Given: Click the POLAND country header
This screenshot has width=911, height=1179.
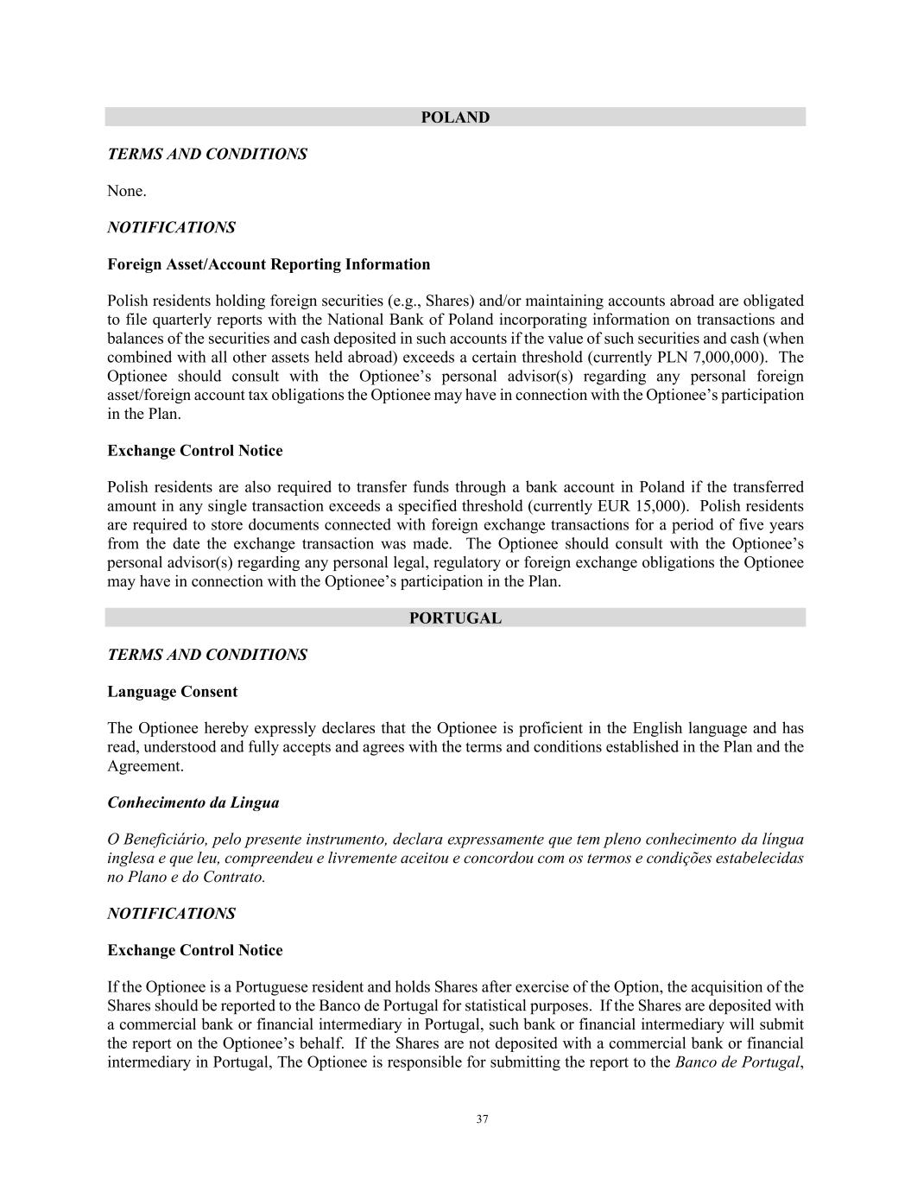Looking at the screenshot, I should [x=455, y=117].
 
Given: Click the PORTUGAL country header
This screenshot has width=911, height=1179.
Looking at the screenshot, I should [x=455, y=618].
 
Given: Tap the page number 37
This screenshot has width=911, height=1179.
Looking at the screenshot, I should [x=482, y=1119].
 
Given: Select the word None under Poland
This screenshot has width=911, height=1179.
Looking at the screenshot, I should [x=126, y=191].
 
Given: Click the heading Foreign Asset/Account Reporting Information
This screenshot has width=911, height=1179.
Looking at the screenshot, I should [x=269, y=264].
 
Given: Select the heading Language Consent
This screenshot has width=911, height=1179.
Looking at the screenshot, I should [x=172, y=692].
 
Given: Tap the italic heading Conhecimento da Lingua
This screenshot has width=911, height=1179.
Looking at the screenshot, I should [x=193, y=802].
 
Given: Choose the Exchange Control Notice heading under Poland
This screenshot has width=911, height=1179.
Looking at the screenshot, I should [x=194, y=451].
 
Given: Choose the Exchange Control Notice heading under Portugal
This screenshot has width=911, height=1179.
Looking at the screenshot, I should [x=194, y=950].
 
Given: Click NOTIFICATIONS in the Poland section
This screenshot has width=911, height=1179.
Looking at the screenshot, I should [x=171, y=227].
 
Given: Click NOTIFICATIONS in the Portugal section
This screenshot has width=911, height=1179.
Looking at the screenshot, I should [x=171, y=913].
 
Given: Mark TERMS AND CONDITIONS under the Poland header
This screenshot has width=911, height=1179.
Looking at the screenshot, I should [x=206, y=154].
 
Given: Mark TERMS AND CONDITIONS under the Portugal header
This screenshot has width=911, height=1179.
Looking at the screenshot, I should [x=206, y=655].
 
